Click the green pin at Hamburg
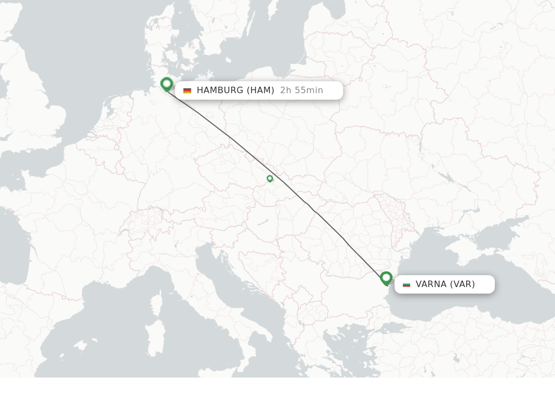[x=166, y=84]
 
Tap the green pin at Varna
[x=386, y=278]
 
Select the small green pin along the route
[x=270, y=178]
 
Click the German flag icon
[x=187, y=90]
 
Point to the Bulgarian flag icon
[x=406, y=284]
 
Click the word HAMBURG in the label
[x=220, y=90]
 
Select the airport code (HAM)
[x=261, y=90]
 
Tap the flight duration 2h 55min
[x=301, y=90]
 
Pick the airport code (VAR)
[x=462, y=284]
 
